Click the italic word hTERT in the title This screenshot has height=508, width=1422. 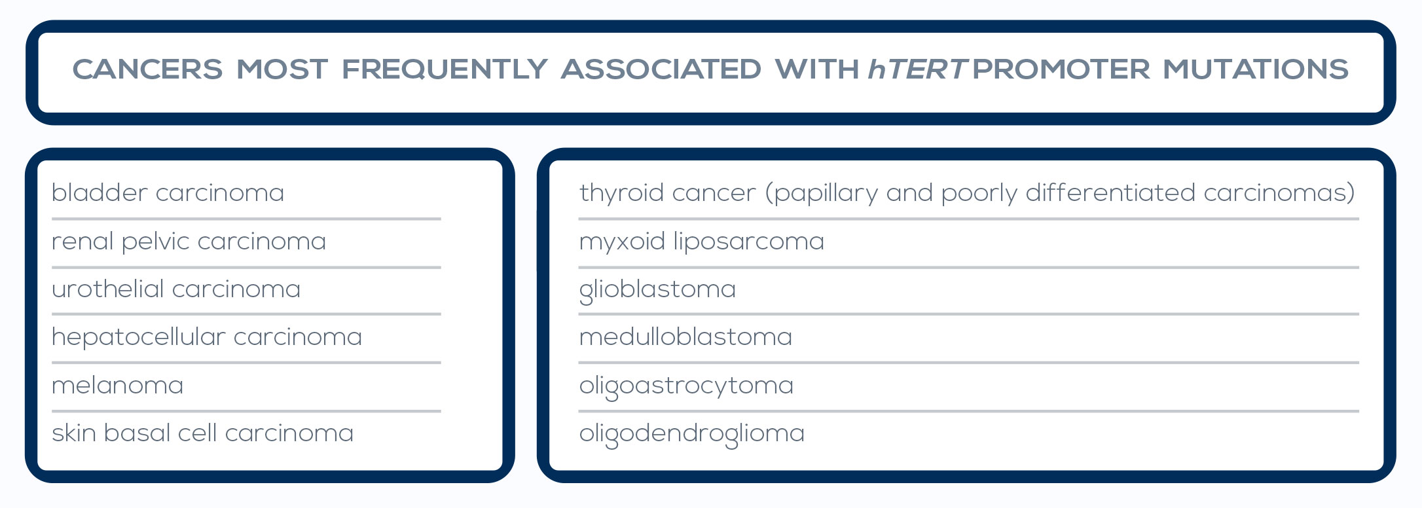(917, 69)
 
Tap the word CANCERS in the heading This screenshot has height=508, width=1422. (147, 69)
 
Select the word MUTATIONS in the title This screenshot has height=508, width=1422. (1256, 69)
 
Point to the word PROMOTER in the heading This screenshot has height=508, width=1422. (1061, 69)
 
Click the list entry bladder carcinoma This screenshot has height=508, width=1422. (168, 192)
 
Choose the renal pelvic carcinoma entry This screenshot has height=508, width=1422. (189, 242)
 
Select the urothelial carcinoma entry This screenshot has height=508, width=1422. (176, 289)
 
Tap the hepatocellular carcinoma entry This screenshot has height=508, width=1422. (207, 337)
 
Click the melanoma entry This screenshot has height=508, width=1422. (118, 385)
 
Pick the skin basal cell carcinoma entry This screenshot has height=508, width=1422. (202, 433)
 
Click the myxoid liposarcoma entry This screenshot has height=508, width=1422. (702, 242)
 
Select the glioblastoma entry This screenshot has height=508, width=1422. (658, 289)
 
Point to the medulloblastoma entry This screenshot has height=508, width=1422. (686, 337)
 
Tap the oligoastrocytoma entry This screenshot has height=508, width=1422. (687, 386)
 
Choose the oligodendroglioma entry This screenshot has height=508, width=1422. (692, 433)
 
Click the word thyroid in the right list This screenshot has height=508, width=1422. (622, 193)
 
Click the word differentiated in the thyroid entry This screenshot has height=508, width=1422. (1110, 192)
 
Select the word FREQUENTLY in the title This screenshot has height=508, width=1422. (445, 69)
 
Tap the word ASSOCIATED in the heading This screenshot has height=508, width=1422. (661, 69)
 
